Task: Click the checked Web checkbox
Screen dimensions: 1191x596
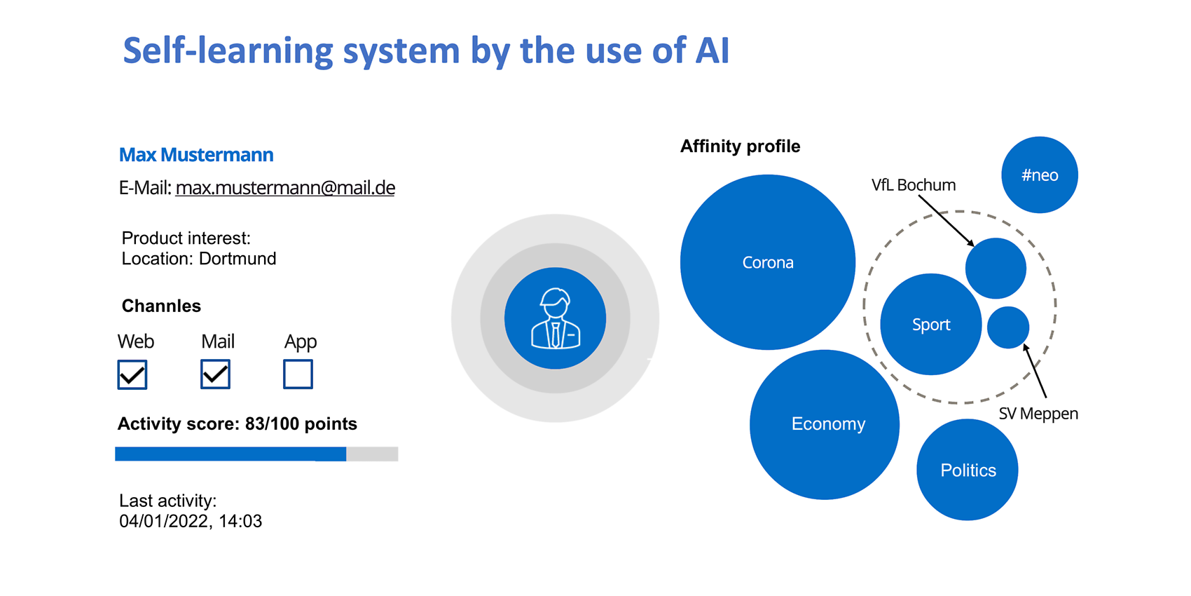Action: point(132,374)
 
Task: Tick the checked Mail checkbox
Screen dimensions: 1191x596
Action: point(215,374)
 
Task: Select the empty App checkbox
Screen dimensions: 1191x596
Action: point(298,374)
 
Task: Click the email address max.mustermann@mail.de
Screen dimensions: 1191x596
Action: point(285,188)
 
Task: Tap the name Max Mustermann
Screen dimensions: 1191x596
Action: point(196,155)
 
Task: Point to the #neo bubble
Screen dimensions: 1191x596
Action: point(1040,175)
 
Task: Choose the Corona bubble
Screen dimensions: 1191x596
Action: point(768,262)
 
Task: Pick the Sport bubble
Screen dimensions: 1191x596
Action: point(931,324)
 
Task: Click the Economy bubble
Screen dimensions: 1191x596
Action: point(825,425)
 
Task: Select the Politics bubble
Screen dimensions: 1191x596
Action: point(967,470)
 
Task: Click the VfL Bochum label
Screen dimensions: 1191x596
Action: point(914,185)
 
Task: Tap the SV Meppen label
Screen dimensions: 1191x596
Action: point(1038,414)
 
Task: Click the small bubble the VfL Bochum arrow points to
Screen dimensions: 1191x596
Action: point(996,268)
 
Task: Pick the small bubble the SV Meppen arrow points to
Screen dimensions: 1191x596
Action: point(1008,327)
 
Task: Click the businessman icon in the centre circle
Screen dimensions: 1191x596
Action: point(556,319)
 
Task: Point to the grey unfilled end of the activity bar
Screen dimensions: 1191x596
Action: point(372,454)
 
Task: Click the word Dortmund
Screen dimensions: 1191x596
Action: point(237,259)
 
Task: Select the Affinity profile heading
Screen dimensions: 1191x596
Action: point(740,147)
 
